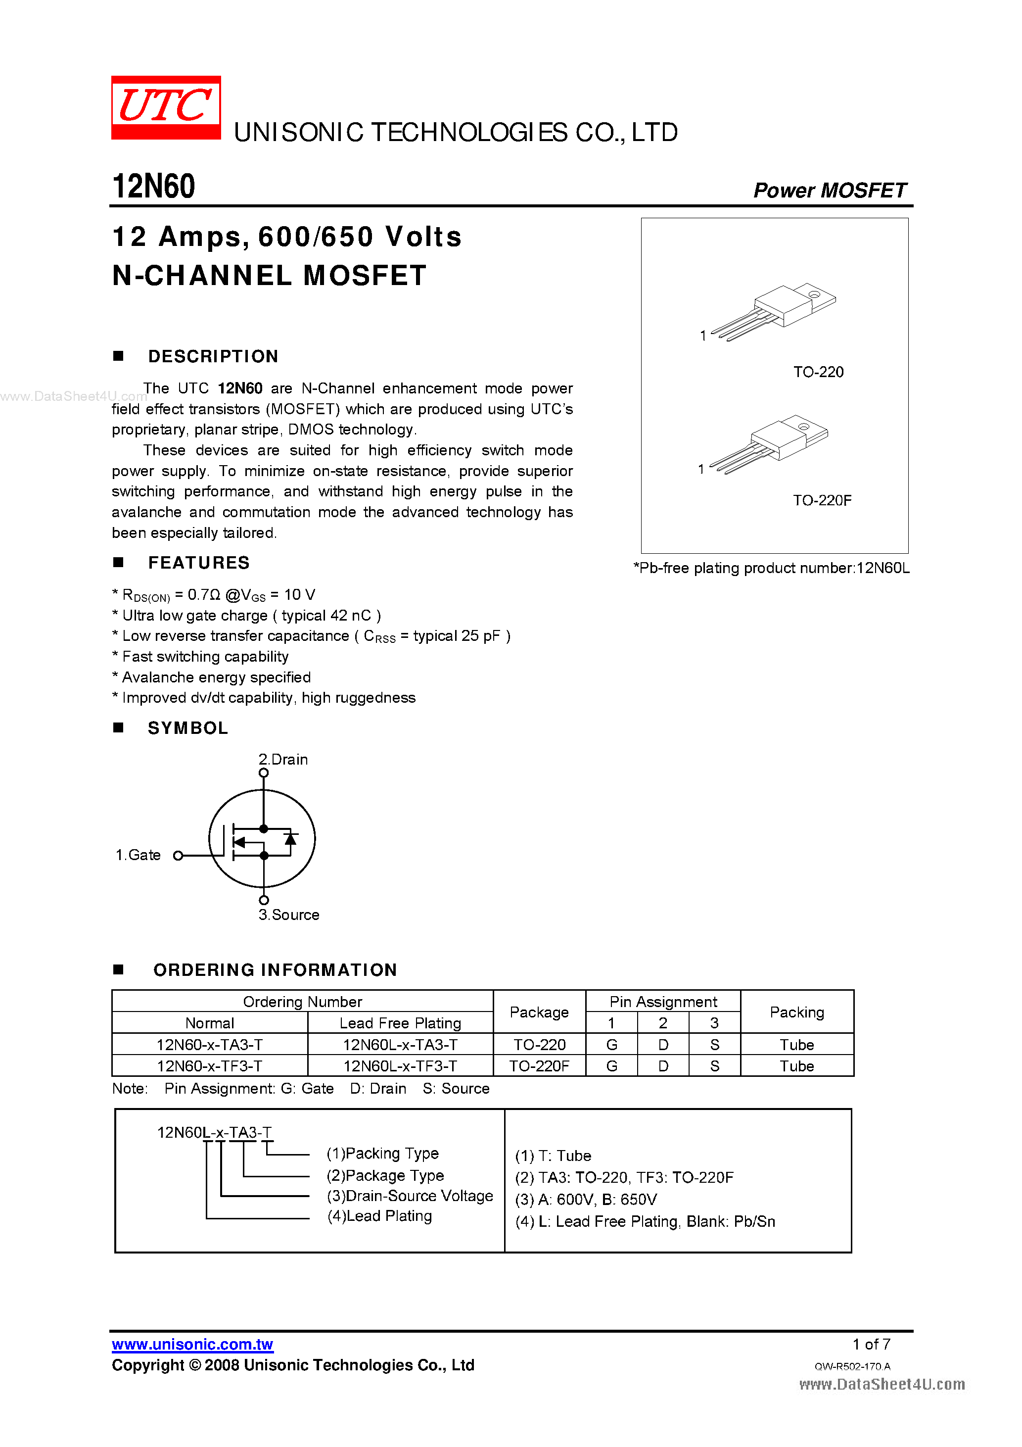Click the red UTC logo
click(x=166, y=107)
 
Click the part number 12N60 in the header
click(x=154, y=187)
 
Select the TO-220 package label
click(x=818, y=372)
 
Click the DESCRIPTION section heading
click(x=213, y=357)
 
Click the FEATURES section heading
click(x=198, y=563)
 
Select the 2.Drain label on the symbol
click(x=283, y=760)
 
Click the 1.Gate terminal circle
click(x=178, y=855)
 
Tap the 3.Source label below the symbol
click(x=288, y=915)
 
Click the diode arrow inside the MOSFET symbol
click(x=290, y=839)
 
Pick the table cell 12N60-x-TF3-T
click(x=209, y=1066)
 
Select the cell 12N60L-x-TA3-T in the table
click(x=400, y=1044)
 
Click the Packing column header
click(x=796, y=1012)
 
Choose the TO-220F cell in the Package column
click(x=539, y=1066)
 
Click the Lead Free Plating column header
click(x=400, y=1023)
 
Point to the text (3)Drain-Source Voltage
click(x=410, y=1196)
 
